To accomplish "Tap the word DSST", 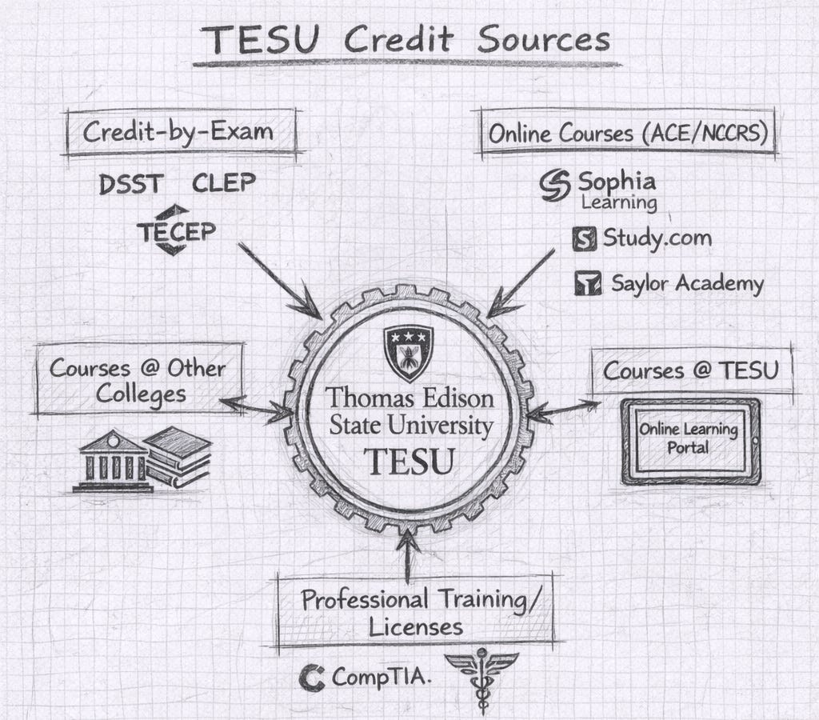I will [x=130, y=185].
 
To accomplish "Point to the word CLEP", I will [x=224, y=184].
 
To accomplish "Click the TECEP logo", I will [x=175, y=230].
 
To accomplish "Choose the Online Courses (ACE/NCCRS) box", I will [x=628, y=133].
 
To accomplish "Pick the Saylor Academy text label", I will [x=687, y=283].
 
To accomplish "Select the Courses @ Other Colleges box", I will [x=138, y=381].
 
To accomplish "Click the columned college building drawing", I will [x=112, y=462].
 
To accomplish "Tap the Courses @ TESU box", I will [x=691, y=370].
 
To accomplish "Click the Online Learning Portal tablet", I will [x=689, y=440].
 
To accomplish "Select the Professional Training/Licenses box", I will [x=416, y=611].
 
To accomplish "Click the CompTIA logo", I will [x=366, y=678].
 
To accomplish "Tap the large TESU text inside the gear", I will [x=409, y=462].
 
